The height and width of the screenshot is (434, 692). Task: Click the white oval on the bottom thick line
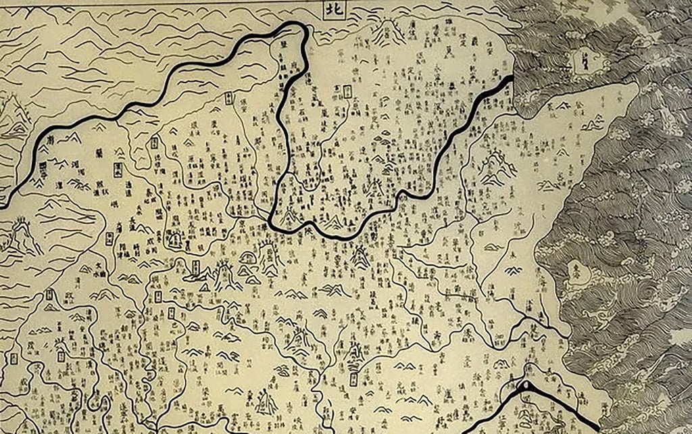coord(524,387)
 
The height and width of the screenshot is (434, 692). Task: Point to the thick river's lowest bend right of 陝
coord(338,237)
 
